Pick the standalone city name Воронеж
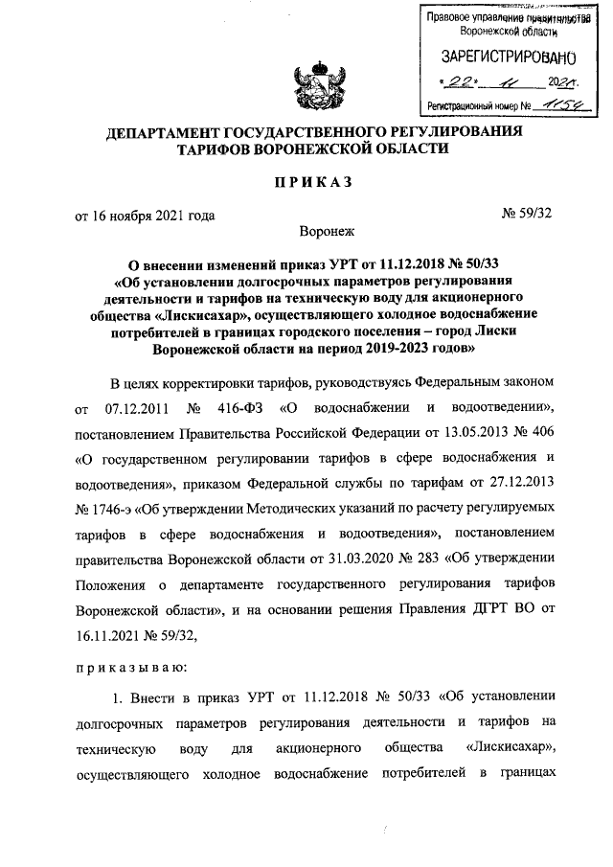(327, 231)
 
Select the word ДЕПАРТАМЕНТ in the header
(160, 130)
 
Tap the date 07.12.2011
(129, 410)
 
